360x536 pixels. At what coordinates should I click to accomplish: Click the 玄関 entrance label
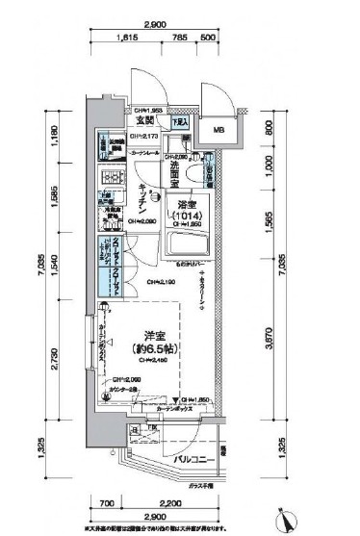pyautogui.click(x=145, y=122)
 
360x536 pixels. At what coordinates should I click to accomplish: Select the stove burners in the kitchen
pyautogui.click(x=108, y=179)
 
